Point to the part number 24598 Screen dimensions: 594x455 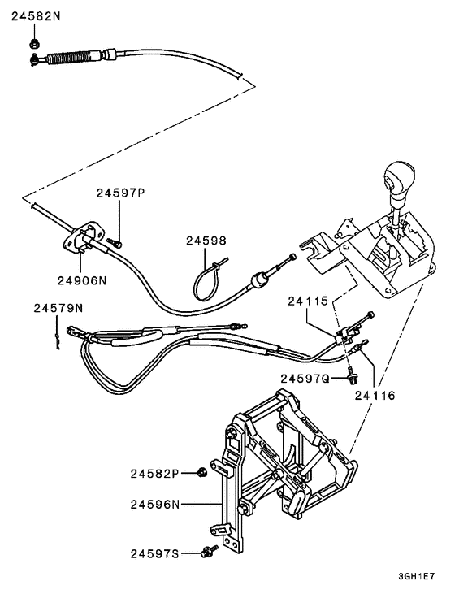pos(206,241)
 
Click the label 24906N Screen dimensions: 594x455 pos(81,280)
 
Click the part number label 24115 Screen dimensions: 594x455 pos(308,300)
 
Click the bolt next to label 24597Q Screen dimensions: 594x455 pos(350,376)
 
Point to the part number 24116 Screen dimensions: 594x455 pos(375,396)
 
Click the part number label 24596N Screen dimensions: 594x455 pos(154,504)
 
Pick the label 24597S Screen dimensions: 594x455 pos(154,553)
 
